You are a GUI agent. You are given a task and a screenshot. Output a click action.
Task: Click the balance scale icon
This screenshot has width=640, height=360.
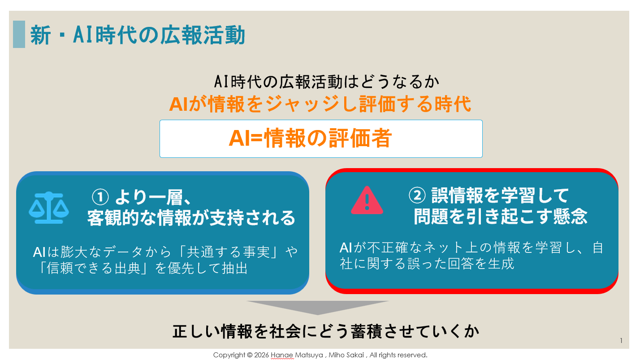pos(49,208)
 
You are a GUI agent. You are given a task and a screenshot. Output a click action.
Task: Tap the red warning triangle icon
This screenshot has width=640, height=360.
pos(367,200)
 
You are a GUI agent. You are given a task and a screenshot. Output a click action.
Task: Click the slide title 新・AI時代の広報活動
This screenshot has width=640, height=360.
pos(138,35)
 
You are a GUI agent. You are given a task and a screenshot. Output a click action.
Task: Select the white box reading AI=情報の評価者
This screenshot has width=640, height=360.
pos(321,139)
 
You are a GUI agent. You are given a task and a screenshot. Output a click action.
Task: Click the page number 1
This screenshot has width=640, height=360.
pos(621,341)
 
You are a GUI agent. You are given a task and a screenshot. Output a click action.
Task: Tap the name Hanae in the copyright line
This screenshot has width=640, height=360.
pos(280,355)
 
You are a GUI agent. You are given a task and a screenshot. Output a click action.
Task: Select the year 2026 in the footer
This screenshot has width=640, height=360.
pos(261,355)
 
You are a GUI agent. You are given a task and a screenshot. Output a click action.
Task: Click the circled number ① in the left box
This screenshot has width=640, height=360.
pos(101,196)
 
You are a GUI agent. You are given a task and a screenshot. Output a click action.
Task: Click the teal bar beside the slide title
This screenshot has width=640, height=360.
pos(19,34)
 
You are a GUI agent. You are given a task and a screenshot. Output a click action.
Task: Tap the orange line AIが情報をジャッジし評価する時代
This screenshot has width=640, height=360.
pos(320,104)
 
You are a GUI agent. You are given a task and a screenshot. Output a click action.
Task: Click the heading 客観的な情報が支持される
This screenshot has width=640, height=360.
pos(191,218)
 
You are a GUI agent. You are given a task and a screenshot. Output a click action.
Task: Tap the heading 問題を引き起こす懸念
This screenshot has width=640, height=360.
pos(500,217)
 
